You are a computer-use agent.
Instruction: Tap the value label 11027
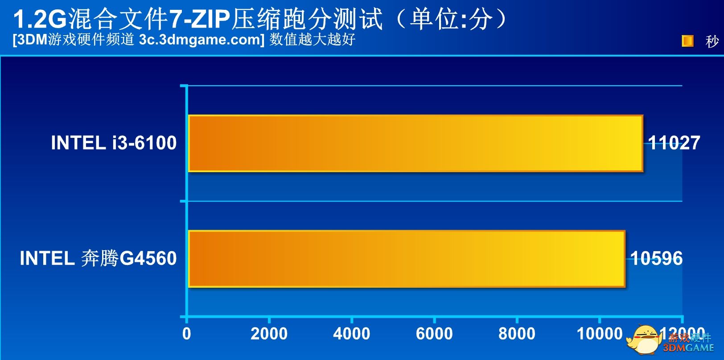(x=674, y=143)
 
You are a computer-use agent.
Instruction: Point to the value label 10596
(x=656, y=259)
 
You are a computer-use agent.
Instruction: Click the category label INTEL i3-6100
(x=114, y=143)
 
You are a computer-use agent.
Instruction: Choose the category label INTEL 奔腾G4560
(x=98, y=259)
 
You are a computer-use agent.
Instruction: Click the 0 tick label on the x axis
(x=186, y=334)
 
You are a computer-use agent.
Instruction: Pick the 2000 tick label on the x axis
(x=269, y=334)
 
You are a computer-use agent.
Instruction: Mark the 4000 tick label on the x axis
(x=351, y=334)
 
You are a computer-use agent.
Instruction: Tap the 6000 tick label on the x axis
(x=434, y=334)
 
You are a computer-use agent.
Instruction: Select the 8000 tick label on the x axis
(x=517, y=334)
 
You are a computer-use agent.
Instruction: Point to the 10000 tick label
(x=599, y=334)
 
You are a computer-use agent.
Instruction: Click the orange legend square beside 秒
(x=687, y=41)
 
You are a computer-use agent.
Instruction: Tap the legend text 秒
(x=712, y=41)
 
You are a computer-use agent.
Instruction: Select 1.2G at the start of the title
(x=39, y=20)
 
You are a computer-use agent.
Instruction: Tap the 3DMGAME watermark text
(x=688, y=348)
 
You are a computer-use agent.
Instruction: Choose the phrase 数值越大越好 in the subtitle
(x=312, y=40)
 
